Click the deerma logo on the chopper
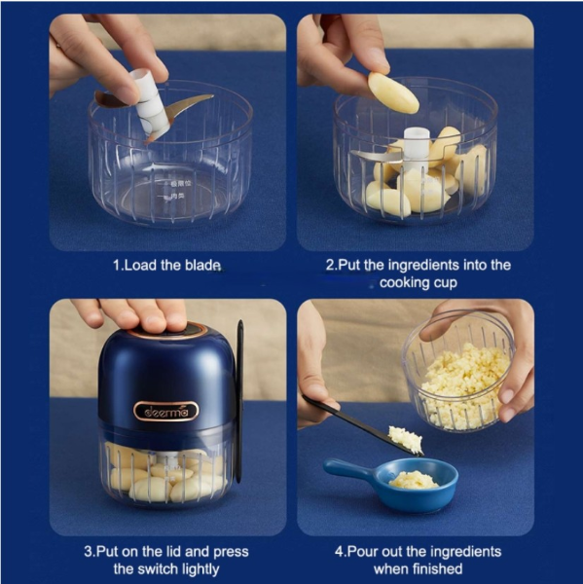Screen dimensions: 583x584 166,411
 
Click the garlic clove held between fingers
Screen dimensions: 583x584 392,93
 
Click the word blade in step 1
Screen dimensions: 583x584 202,265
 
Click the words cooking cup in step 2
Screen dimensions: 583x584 418,282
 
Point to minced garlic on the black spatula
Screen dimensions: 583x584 405,440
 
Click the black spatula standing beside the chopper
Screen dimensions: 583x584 239,401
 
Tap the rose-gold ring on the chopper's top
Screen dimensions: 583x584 166,331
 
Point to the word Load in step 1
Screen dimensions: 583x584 140,265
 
